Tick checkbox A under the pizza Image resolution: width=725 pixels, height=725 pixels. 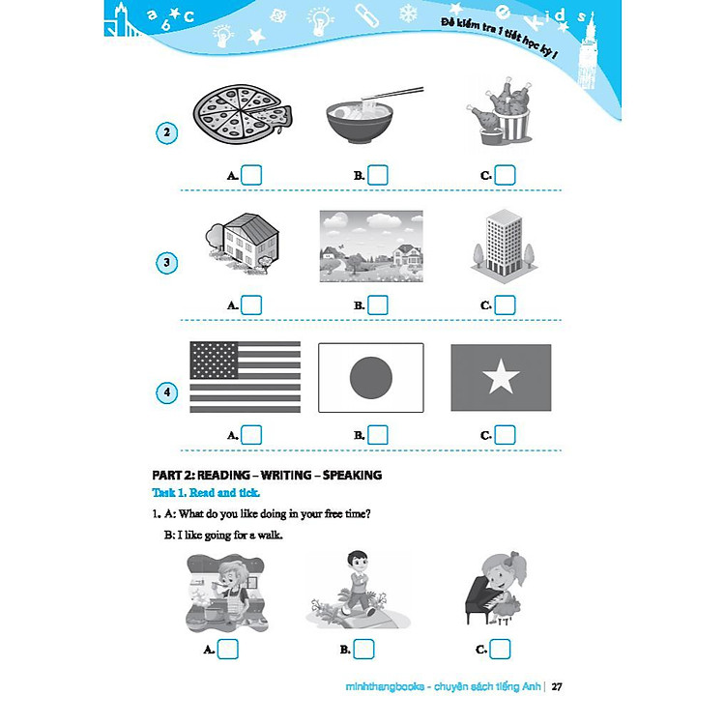coord(251,175)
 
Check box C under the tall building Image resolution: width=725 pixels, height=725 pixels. coord(504,304)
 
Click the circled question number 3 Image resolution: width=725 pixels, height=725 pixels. coord(167,262)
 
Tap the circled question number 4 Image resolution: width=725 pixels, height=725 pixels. coord(167,392)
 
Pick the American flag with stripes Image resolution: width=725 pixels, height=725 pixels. coord(246,378)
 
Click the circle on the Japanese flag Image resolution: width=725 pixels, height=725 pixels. coord(370,378)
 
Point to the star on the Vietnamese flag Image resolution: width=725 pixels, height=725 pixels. coord(501,378)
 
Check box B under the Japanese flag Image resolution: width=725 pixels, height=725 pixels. coord(378,435)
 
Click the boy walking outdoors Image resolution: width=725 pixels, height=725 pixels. coord(358,588)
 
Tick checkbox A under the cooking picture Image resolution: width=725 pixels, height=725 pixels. coord(228,649)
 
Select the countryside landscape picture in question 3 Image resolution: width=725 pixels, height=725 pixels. coord(371,246)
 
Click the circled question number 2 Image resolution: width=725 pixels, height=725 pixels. coord(167,133)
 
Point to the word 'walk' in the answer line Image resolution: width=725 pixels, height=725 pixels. coord(266,536)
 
